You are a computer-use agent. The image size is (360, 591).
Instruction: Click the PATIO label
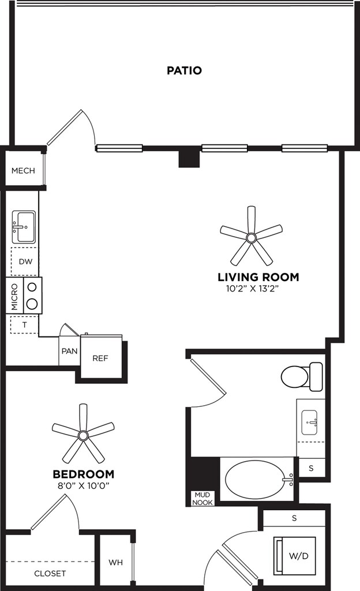pyautogui.click(x=184, y=70)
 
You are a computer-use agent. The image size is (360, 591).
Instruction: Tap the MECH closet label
pyautogui.click(x=23, y=171)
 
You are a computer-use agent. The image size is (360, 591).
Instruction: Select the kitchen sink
pyautogui.click(x=24, y=227)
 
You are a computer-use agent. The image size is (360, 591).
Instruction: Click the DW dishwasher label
pyautogui.click(x=25, y=261)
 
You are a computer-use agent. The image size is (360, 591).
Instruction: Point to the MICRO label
pyautogui.click(x=14, y=296)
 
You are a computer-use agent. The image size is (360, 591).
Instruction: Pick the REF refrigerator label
pyautogui.click(x=100, y=358)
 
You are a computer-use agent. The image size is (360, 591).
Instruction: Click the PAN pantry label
pyautogui.click(x=69, y=351)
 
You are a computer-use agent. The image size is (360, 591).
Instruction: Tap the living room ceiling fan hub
pyautogui.click(x=251, y=237)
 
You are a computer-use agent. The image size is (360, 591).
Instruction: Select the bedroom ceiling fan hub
pyautogui.click(x=83, y=436)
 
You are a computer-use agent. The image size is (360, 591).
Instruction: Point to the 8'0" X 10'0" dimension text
pyautogui.click(x=83, y=486)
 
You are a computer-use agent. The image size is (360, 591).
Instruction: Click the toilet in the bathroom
pyautogui.click(x=302, y=376)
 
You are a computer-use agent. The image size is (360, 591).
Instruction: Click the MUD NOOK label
pyautogui.click(x=202, y=498)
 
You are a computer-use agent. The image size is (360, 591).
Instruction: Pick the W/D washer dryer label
pyautogui.click(x=299, y=556)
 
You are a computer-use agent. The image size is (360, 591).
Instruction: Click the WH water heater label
pyautogui.click(x=115, y=562)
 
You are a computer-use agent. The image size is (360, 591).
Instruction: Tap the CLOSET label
pyautogui.click(x=50, y=574)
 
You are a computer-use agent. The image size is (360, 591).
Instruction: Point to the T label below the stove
pyautogui.click(x=24, y=324)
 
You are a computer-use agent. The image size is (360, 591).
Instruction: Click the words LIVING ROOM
pyautogui.click(x=258, y=277)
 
